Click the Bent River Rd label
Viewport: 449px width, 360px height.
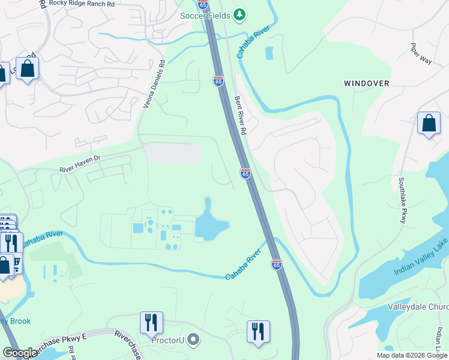click(240, 113)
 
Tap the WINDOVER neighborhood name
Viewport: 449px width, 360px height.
click(366, 83)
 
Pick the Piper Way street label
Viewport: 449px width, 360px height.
click(421, 53)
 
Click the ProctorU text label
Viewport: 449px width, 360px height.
click(168, 341)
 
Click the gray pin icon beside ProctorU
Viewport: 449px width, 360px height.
click(193, 341)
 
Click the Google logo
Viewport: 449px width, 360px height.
click(20, 353)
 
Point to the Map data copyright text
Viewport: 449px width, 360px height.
click(411, 355)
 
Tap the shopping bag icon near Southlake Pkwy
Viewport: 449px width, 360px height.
click(429, 124)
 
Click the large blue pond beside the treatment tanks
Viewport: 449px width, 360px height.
click(211, 222)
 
